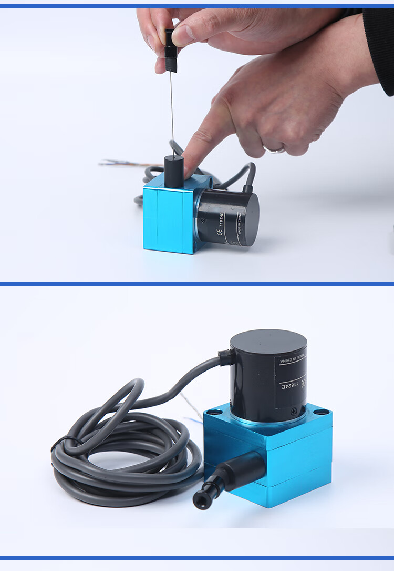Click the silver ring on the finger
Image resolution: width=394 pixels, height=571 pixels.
click(x=275, y=149)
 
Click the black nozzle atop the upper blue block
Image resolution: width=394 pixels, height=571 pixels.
click(x=173, y=171)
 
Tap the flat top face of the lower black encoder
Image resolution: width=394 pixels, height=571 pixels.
click(x=268, y=342)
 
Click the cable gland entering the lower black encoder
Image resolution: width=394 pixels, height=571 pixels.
click(x=227, y=358)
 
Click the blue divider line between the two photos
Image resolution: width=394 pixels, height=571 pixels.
click(x=197, y=284)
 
